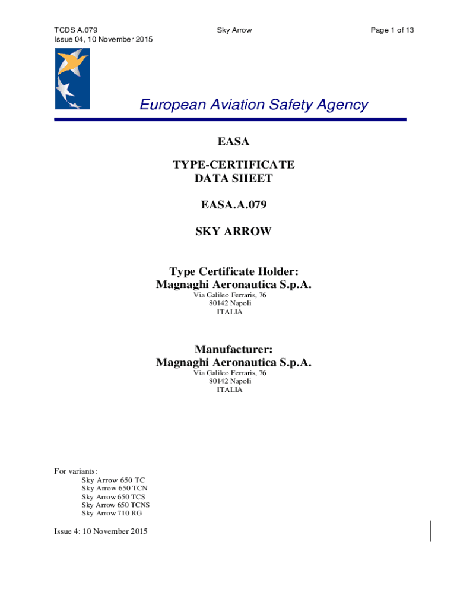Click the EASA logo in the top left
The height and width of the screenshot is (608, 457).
[x=72, y=78]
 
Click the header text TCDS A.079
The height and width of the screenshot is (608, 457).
[x=76, y=30]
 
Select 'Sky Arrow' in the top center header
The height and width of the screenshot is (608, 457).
[x=234, y=30]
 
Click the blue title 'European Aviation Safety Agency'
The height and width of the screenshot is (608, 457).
[x=253, y=105]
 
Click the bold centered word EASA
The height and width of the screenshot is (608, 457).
[x=233, y=141]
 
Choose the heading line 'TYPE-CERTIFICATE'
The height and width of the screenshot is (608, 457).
[x=233, y=164]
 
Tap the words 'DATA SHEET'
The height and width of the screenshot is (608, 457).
[x=233, y=178]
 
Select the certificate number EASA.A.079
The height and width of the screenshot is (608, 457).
[x=233, y=205]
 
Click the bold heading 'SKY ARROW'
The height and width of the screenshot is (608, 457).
[x=233, y=232]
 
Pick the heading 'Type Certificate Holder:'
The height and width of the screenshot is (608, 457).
[x=233, y=271]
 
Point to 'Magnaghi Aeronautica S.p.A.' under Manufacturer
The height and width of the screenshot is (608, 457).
[x=233, y=362]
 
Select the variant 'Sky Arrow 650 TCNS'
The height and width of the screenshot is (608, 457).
[x=116, y=505]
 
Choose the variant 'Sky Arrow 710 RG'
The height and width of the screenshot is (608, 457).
[x=112, y=513]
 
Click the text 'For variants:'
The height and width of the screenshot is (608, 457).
[x=76, y=471]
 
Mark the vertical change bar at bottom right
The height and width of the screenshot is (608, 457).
[x=430, y=531]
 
